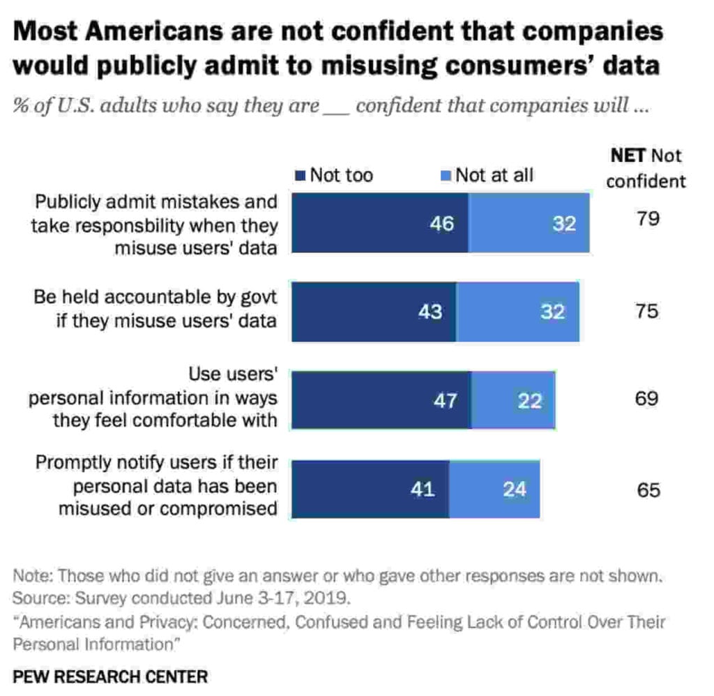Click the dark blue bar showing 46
coord(380,223)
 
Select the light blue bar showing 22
coord(513,400)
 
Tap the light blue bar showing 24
coord(494,489)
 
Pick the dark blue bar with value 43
coord(374,312)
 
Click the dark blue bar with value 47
coord(381,400)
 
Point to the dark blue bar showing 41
coord(370,489)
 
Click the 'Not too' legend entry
coord(334,175)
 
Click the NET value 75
coord(647,311)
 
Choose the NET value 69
coord(647,400)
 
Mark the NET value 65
coord(648,490)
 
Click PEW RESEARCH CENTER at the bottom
coord(110,676)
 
